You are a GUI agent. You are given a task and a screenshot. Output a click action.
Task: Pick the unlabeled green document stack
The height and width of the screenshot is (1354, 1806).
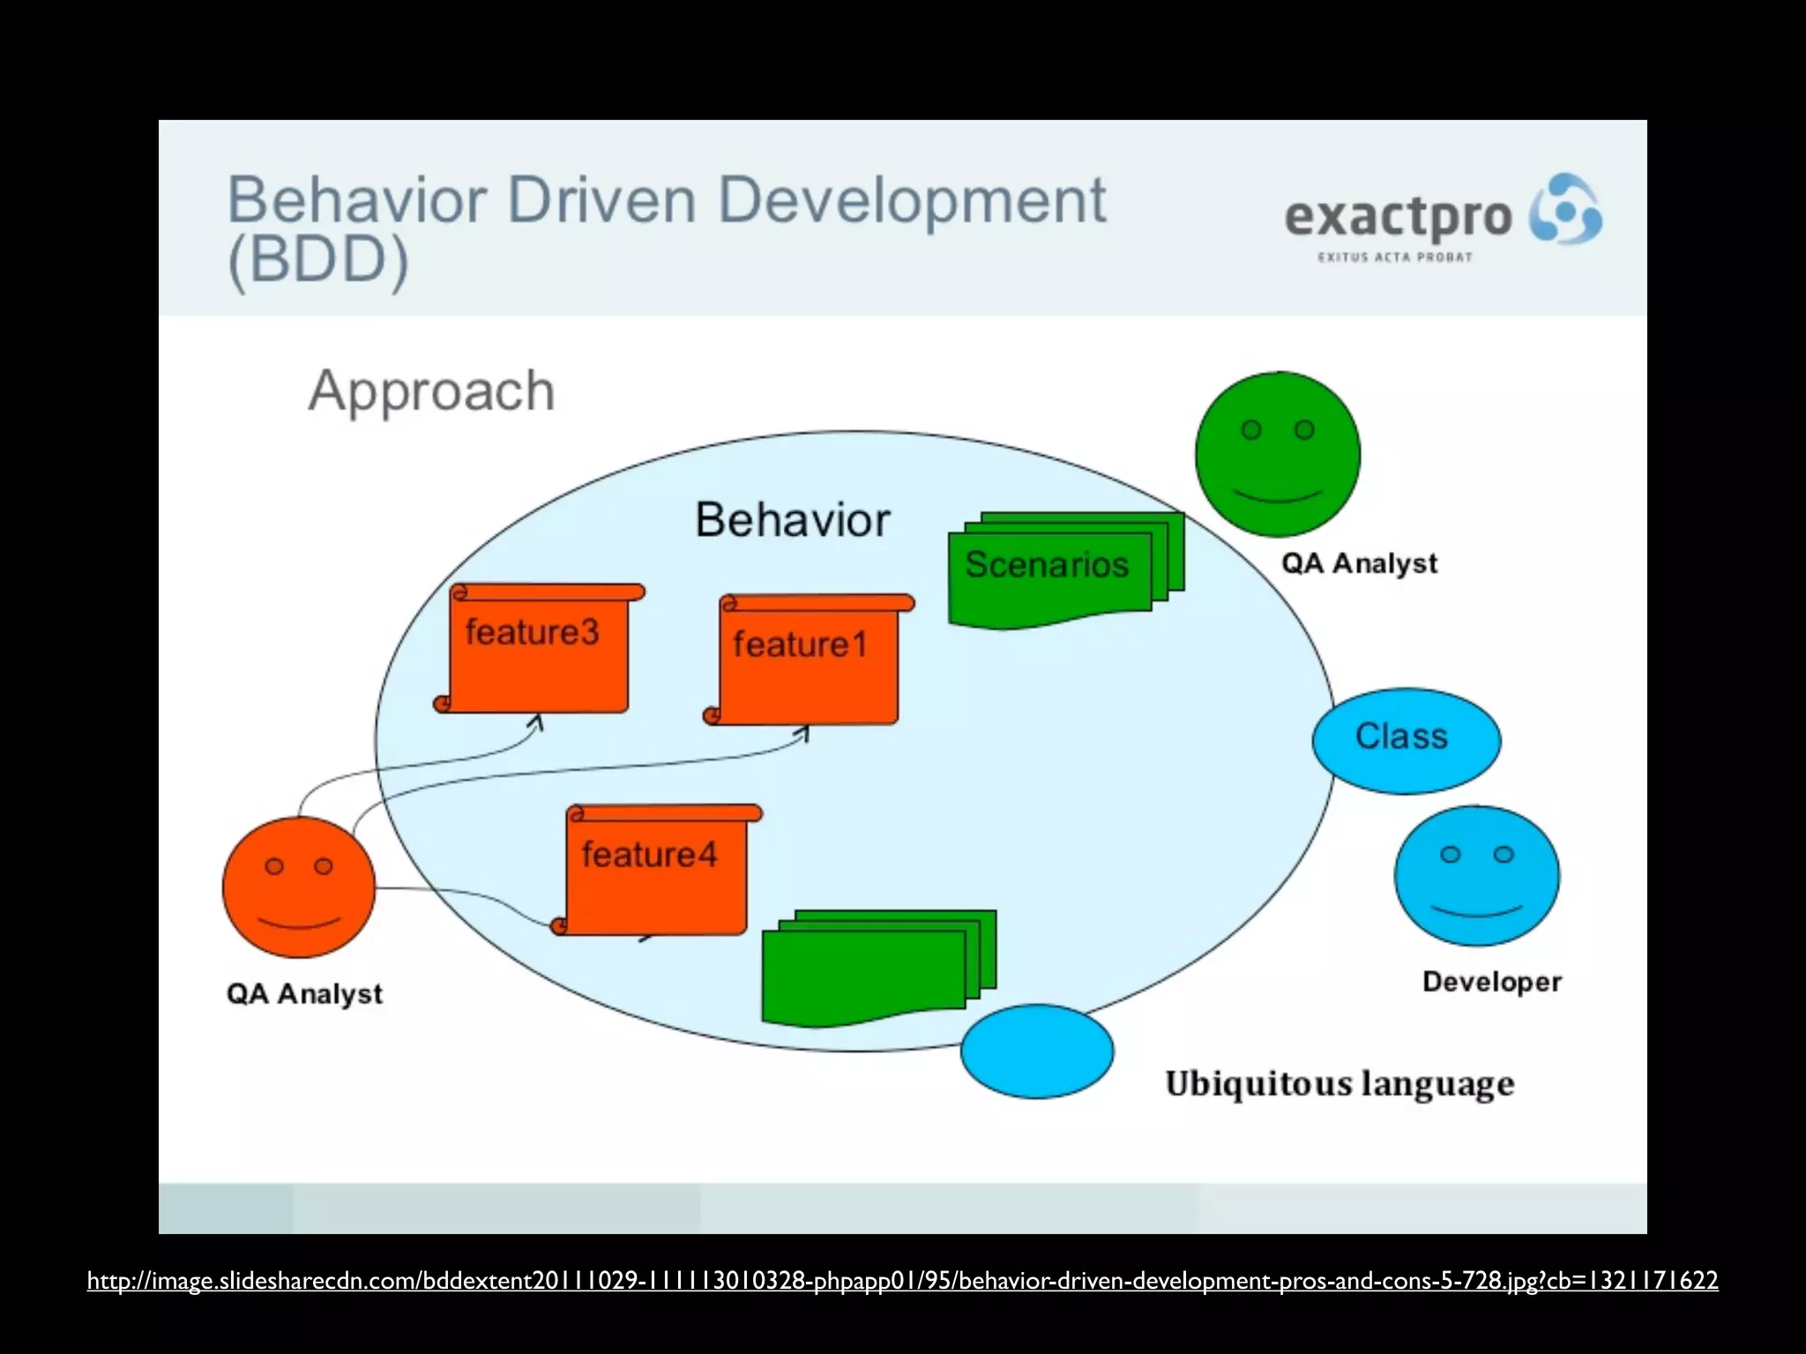tap(873, 970)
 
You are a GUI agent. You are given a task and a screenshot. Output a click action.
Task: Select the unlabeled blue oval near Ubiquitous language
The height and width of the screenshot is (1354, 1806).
tap(1037, 1051)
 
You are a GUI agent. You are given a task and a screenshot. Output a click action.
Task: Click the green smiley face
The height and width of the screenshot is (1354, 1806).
tap(1278, 454)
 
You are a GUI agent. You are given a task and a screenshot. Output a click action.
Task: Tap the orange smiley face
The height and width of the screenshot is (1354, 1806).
tap(299, 887)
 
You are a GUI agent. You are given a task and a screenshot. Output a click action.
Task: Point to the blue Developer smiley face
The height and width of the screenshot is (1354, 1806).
tap(1477, 875)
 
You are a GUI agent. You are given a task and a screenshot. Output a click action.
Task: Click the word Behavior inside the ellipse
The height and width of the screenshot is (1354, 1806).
tap(792, 520)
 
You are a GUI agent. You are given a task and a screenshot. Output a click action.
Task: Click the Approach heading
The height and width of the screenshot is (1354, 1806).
tap(431, 391)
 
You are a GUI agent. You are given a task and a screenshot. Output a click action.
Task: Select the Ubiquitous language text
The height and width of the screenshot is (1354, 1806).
tap(1340, 1083)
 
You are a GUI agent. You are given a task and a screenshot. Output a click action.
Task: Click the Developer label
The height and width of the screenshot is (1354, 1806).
tap(1491, 981)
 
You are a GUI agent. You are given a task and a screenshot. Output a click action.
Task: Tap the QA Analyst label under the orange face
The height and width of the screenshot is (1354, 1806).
tap(304, 993)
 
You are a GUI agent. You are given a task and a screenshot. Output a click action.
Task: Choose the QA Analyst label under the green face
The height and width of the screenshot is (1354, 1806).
tap(1359, 562)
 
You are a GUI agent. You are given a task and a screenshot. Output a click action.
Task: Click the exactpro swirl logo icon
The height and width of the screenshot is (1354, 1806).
tap(1565, 209)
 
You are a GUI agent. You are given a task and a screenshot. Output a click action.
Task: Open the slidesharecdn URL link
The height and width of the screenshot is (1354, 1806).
tap(902, 1280)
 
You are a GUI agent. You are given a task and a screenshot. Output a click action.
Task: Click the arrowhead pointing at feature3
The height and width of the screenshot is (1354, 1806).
tap(536, 722)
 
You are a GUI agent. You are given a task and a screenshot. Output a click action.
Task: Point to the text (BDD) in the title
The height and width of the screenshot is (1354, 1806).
tap(318, 260)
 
